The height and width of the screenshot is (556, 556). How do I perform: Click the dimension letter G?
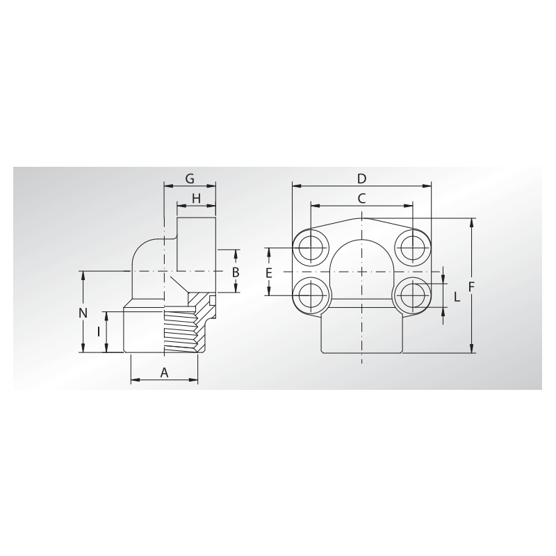(x=190, y=179)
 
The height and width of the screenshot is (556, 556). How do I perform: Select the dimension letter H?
(x=196, y=199)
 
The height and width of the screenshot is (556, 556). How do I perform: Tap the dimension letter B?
(x=236, y=272)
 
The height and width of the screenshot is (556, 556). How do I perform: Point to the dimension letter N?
(x=83, y=313)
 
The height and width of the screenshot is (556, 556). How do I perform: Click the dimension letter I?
(x=99, y=332)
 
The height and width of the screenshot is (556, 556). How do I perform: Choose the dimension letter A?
(x=164, y=373)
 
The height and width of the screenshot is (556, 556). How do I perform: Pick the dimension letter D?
(x=361, y=179)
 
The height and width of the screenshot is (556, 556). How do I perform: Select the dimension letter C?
(x=361, y=199)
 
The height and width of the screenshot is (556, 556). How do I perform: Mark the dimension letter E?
(x=268, y=272)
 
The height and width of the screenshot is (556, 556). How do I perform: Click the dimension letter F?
(x=471, y=286)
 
